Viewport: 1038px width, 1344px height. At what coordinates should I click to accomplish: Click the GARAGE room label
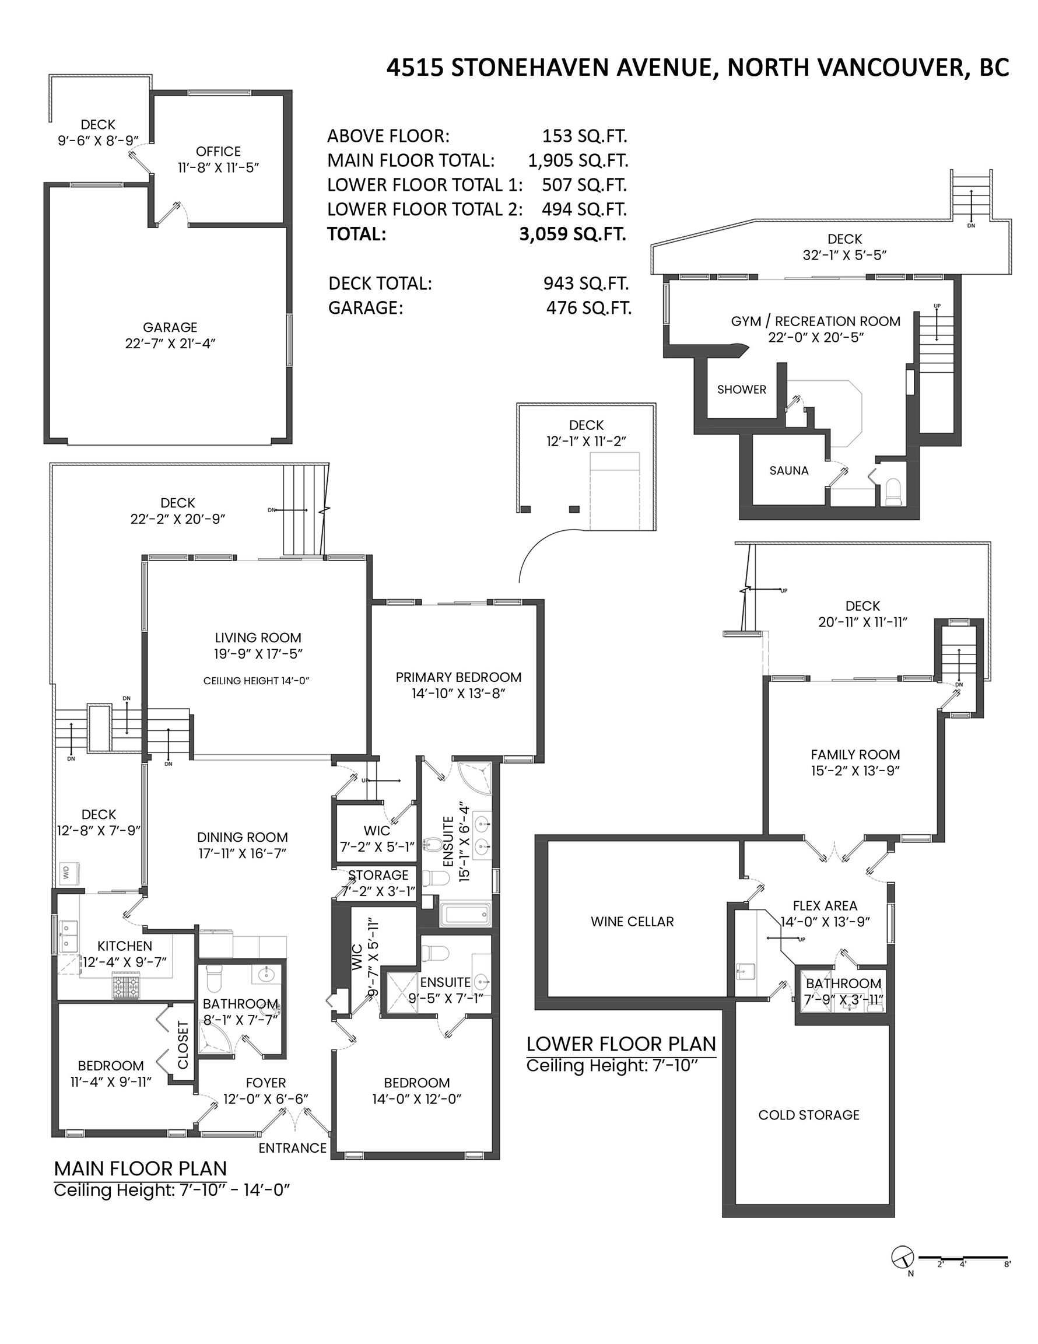[x=170, y=327]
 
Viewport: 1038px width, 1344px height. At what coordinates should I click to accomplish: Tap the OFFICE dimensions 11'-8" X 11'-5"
[x=219, y=167]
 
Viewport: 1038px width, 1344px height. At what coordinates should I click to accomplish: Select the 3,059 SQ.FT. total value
[x=572, y=234]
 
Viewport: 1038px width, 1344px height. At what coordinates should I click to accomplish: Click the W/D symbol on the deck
[x=66, y=872]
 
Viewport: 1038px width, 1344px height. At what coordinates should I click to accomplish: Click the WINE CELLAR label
[x=632, y=921]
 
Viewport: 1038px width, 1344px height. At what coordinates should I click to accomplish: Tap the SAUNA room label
[x=788, y=470]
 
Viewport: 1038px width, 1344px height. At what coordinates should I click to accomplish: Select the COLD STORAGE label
[x=808, y=1115]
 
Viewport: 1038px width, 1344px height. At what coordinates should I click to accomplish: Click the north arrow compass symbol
[x=902, y=1256]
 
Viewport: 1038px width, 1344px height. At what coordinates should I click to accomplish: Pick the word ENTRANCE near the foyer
[x=292, y=1147]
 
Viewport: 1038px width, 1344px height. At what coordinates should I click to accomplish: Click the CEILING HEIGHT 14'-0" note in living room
[x=256, y=681]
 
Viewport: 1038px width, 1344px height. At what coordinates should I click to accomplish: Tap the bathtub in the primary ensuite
[x=465, y=915]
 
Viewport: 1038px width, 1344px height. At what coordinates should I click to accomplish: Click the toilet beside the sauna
[x=892, y=492]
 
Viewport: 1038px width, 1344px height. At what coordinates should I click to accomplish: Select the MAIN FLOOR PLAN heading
[x=141, y=1168]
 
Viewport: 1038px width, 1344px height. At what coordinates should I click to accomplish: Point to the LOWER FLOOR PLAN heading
[x=621, y=1044]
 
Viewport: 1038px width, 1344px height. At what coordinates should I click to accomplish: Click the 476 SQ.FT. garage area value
[x=589, y=307]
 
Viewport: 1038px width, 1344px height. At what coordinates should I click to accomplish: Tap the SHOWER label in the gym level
[x=741, y=389]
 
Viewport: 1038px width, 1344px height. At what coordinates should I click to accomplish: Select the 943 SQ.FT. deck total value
[x=585, y=283]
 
